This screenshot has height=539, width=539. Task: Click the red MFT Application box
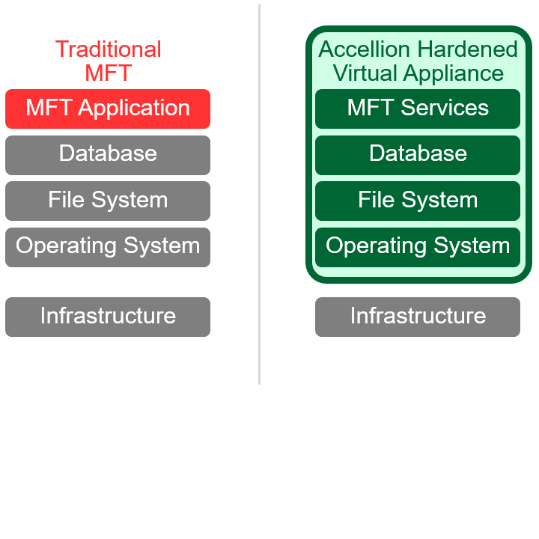108,109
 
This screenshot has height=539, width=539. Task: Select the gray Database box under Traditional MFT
108,155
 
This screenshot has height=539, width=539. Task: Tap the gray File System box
108,201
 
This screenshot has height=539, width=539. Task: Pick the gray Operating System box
108,247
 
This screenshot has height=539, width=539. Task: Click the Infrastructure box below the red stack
108,317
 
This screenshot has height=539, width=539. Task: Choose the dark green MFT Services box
418,109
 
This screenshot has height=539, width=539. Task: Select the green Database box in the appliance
418,155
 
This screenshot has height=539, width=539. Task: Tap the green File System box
418,201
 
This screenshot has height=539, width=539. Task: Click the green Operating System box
418,247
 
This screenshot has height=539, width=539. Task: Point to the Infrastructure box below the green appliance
418,317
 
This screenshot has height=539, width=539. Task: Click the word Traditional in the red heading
109,49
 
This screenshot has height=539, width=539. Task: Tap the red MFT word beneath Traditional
109,73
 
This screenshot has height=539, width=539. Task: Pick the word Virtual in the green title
365,73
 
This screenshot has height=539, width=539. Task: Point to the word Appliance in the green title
454,74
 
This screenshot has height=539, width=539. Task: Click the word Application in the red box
134,109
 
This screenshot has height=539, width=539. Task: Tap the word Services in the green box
445,108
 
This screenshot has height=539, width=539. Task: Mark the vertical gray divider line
260,194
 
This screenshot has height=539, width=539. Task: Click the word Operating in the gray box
66,247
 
